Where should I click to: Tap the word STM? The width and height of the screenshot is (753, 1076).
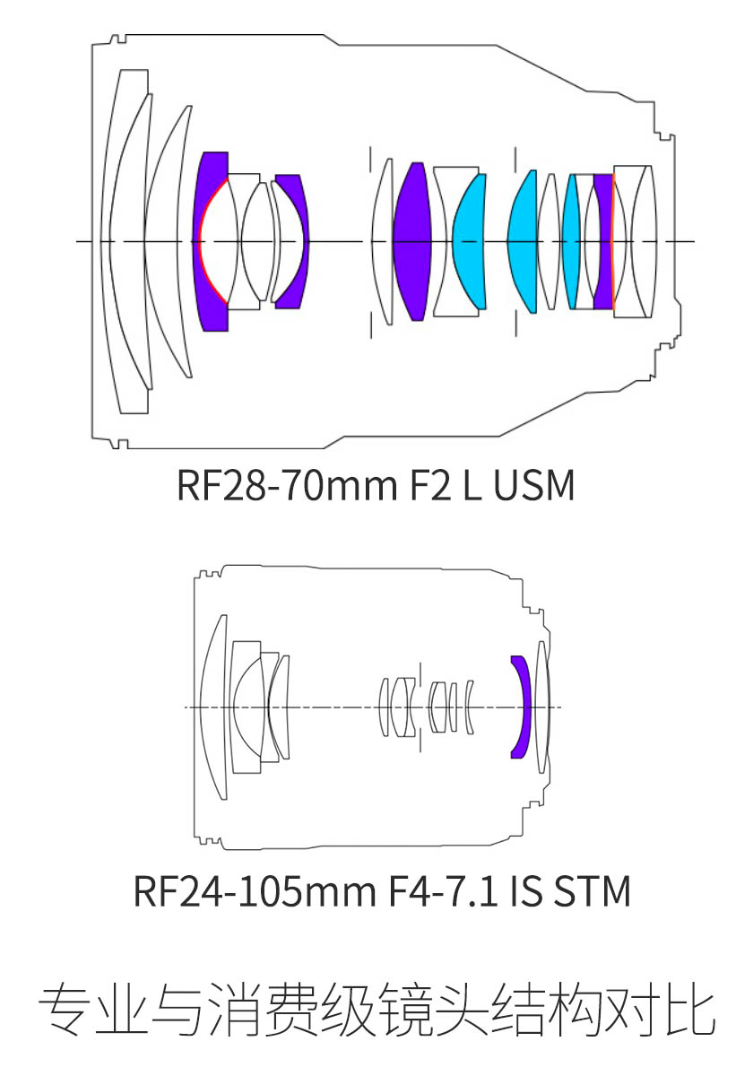pyautogui.click(x=593, y=891)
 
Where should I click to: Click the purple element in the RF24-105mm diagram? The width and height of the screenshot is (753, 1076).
pyautogui.click(x=521, y=707)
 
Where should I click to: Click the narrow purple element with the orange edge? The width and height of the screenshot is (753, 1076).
pyautogui.click(x=603, y=241)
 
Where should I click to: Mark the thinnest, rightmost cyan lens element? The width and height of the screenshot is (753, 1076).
pyautogui.click(x=571, y=241)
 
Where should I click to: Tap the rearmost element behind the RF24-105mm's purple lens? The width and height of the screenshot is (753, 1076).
pyautogui.click(x=542, y=707)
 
